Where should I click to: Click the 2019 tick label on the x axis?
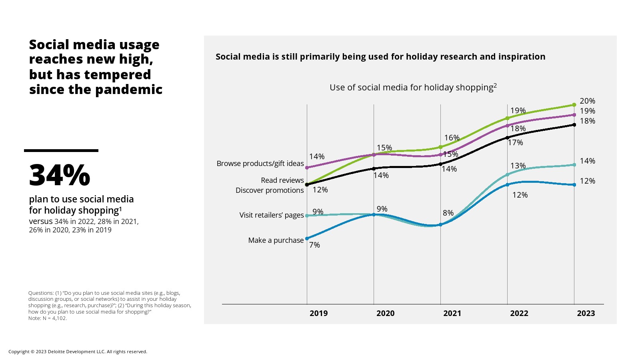pos(318,313)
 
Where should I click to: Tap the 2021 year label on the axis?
pos(452,313)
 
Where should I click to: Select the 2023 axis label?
pos(586,313)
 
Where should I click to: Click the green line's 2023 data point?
pos(574,105)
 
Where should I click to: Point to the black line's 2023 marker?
pos(574,125)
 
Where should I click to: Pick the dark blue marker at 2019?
pos(307,238)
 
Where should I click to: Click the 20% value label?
pos(587,101)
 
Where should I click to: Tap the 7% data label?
pos(314,245)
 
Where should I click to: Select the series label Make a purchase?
pos(276,240)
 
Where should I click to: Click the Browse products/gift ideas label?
pos(260,163)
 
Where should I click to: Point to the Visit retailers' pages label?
pos(271,215)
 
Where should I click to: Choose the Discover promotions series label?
pos(270,190)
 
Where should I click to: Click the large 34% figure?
pos(60,175)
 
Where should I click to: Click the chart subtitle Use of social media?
pos(413,87)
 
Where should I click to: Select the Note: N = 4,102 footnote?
pos(48,318)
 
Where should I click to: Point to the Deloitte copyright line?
pos(78,352)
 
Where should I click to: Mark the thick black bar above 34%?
pos(61,150)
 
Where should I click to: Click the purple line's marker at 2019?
pos(307,168)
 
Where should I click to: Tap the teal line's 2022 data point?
pos(507,175)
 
